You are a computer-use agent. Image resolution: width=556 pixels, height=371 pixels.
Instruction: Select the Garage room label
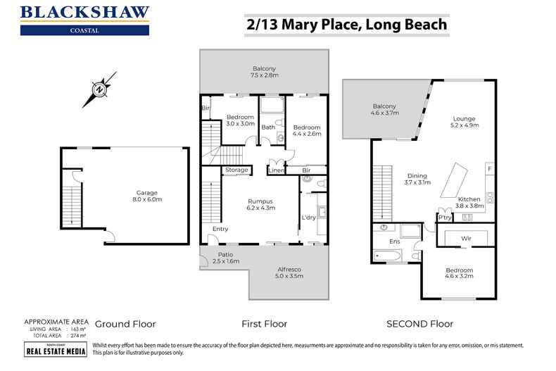click(x=147, y=192)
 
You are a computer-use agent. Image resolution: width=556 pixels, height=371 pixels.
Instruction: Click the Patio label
click(x=225, y=254)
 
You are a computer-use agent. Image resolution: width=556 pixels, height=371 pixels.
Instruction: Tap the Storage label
click(x=236, y=170)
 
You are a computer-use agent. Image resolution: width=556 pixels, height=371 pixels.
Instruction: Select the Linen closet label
click(x=276, y=170)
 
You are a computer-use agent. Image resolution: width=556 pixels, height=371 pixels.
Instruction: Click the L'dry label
click(x=308, y=217)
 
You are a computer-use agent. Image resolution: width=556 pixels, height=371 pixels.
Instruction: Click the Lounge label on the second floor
click(x=464, y=118)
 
